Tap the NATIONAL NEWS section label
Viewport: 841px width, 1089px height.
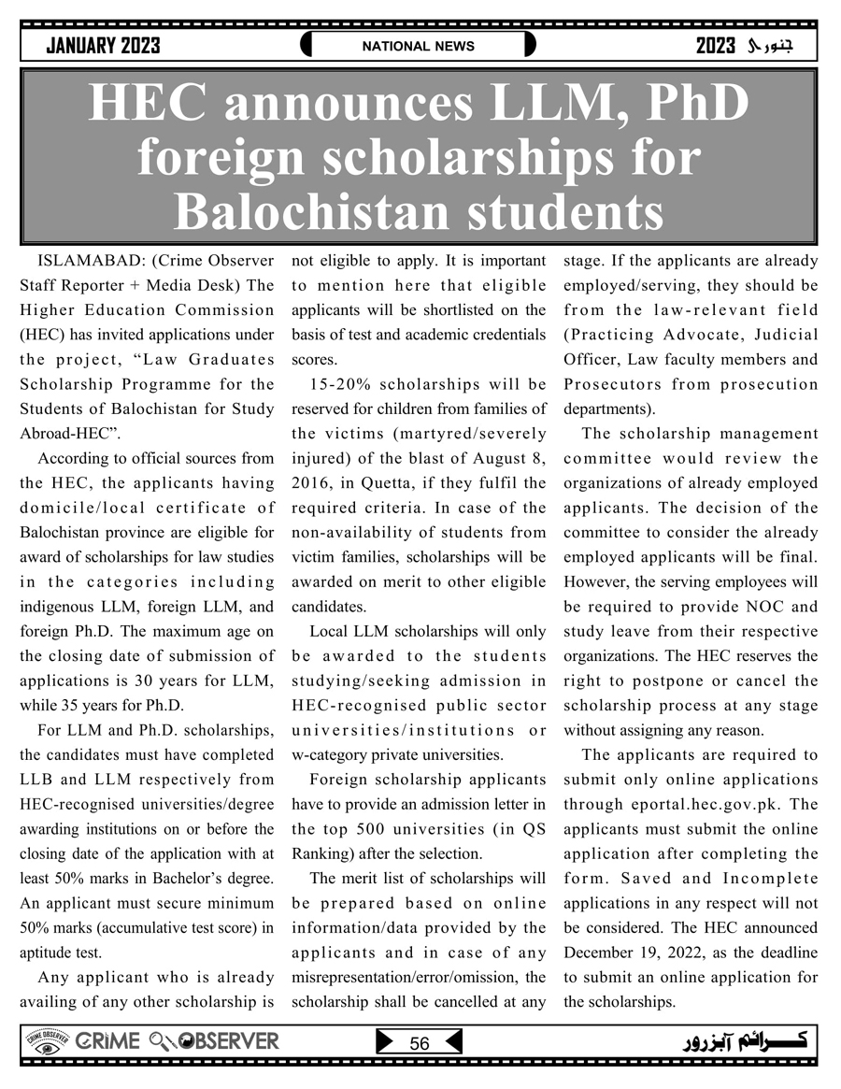419,46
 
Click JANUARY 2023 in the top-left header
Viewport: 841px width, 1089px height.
103,46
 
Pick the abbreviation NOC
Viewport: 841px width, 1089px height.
772,607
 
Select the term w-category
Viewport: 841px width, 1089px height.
332,754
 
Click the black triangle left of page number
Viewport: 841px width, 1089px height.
384,1042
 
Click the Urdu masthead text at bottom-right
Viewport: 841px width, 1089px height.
748,1042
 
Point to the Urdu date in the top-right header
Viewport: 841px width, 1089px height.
757,46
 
